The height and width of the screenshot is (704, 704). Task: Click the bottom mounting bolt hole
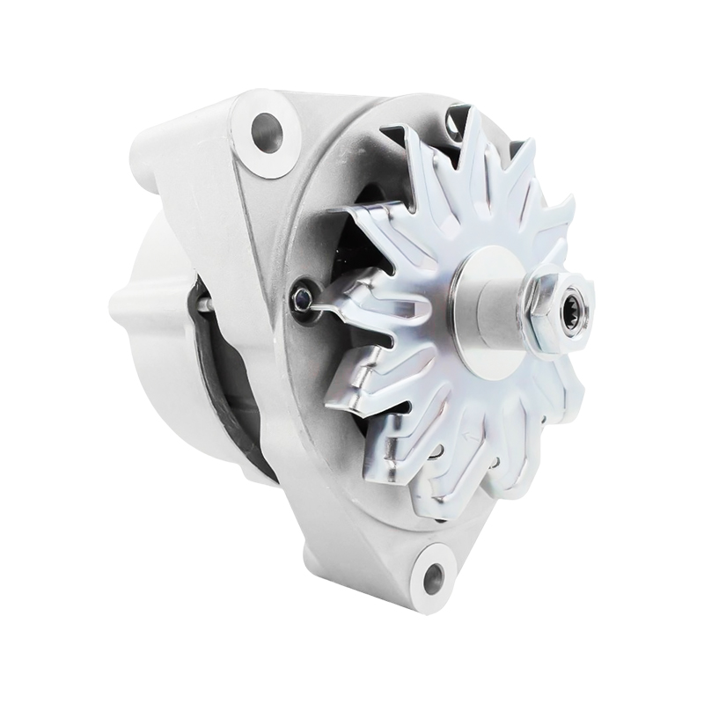(433, 577)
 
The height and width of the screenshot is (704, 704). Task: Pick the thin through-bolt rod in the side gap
(204, 304)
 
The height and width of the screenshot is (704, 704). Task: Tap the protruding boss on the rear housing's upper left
(150, 158)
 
